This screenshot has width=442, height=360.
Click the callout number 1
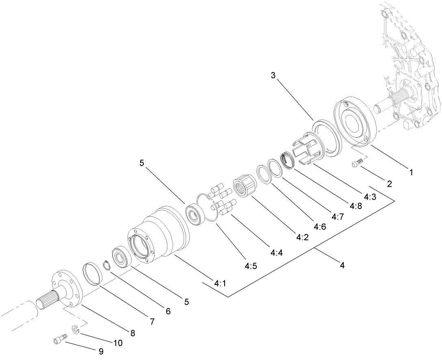411,172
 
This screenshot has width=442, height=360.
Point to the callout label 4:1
220,284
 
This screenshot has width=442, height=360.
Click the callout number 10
118,343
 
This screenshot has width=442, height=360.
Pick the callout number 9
100,351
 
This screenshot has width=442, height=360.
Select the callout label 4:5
250,267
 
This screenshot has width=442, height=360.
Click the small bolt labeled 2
356,163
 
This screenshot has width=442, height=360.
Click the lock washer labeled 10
75,329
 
